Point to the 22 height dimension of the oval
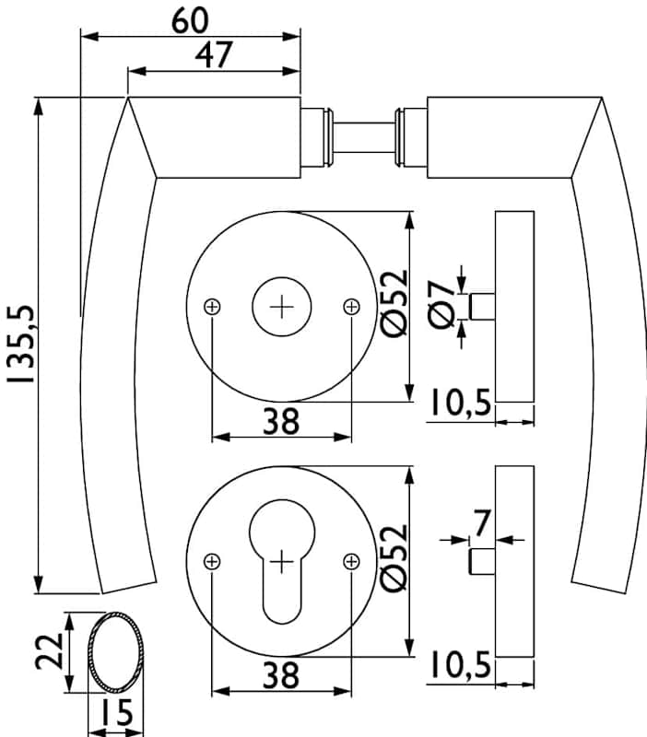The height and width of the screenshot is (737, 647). (x=54, y=654)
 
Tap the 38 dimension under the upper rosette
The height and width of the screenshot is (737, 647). (x=281, y=421)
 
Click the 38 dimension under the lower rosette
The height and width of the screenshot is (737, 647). (x=281, y=676)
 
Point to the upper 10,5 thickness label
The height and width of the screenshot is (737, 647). (x=458, y=404)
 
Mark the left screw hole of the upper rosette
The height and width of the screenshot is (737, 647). (x=213, y=307)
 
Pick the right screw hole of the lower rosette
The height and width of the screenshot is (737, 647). (x=351, y=560)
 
